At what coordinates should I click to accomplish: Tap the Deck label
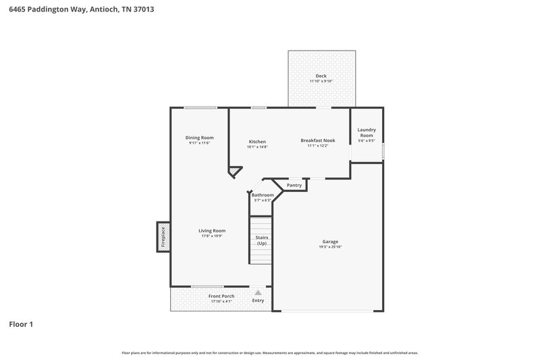coord(321,76)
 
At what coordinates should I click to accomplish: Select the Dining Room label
coord(199,138)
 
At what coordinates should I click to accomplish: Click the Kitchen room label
coord(257,141)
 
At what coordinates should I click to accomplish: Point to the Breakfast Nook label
coord(317,140)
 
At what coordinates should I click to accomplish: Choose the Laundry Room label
coord(367,132)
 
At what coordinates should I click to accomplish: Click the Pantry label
coord(294,185)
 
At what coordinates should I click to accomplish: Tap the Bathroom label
coord(262,195)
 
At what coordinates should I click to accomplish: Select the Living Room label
coord(212,231)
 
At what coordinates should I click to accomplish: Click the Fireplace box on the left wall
coord(163,237)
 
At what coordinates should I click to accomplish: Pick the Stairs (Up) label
coord(262,240)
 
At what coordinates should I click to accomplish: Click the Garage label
coord(330,241)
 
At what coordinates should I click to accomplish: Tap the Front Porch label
coord(220,297)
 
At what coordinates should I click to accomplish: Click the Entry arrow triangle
coord(257,292)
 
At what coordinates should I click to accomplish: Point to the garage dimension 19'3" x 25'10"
coord(330,247)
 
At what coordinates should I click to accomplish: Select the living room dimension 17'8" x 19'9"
coord(212,236)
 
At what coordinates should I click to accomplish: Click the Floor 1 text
coord(21,324)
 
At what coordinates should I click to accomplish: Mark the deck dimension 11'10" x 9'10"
coord(321,81)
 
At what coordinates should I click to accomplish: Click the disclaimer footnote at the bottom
coord(269,353)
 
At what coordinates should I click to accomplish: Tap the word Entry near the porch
coord(258,301)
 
